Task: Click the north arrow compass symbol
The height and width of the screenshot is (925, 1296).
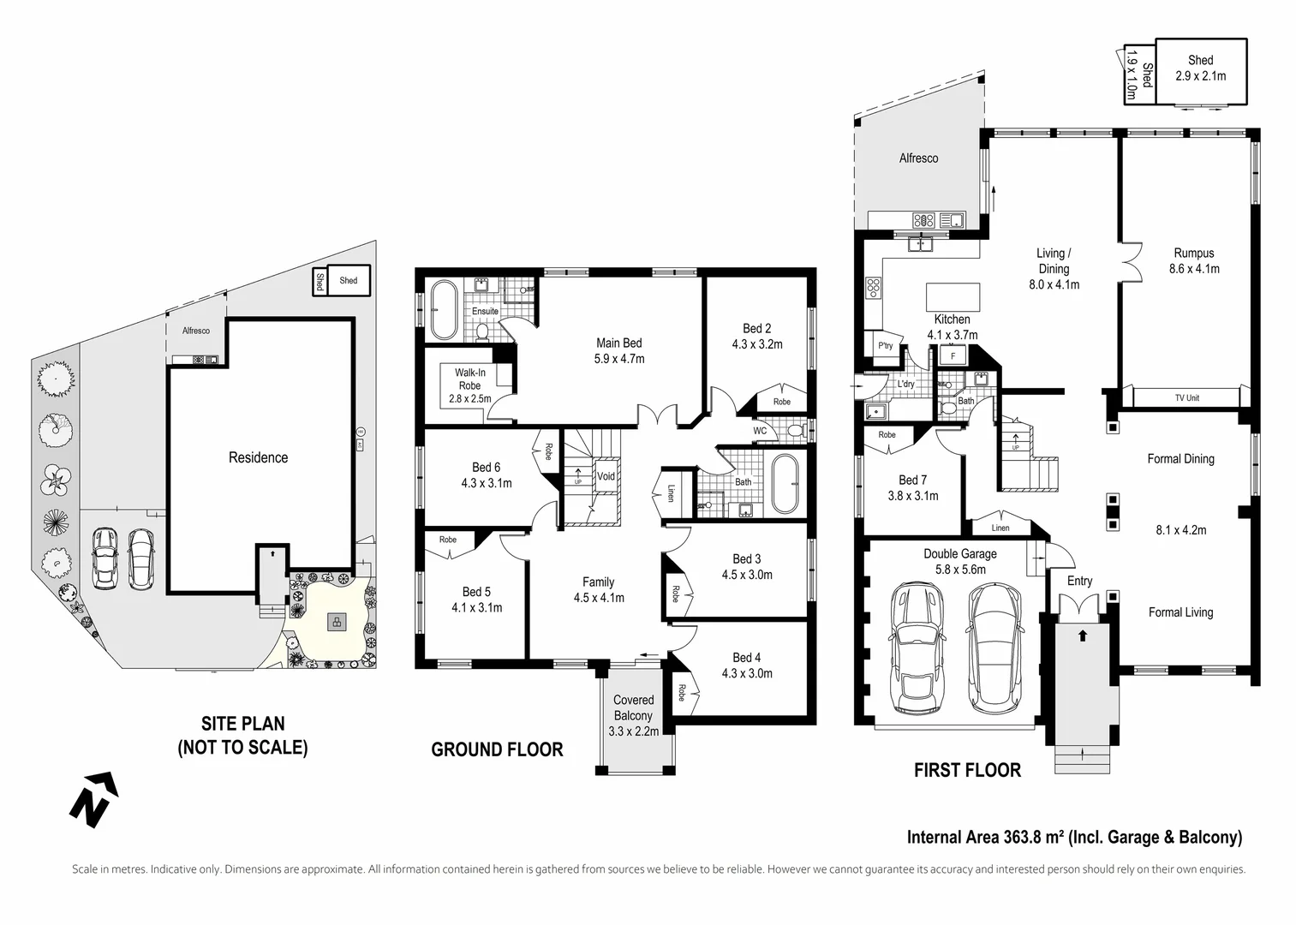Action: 93,799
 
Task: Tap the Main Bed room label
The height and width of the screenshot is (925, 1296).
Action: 619,343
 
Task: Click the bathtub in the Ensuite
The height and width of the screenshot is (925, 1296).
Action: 444,310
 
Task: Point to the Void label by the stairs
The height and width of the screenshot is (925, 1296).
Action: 606,476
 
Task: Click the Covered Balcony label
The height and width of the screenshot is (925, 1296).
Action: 634,707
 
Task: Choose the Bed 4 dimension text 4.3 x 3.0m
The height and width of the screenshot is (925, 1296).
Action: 747,673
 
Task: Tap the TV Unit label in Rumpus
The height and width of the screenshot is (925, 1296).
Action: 1186,398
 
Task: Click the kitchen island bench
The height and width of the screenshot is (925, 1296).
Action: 953,297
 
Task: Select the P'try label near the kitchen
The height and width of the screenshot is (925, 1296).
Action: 885,345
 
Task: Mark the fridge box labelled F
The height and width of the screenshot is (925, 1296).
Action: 953,355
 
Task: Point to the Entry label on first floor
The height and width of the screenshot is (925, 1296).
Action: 1079,581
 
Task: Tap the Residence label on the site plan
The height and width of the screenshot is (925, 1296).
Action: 258,457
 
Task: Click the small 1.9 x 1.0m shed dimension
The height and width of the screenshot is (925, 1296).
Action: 1132,75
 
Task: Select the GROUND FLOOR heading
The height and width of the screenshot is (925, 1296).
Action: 497,749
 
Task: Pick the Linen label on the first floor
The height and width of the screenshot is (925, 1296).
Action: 1000,528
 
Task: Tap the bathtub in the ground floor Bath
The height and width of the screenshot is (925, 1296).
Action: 785,484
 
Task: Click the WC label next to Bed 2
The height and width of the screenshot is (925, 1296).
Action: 760,431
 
